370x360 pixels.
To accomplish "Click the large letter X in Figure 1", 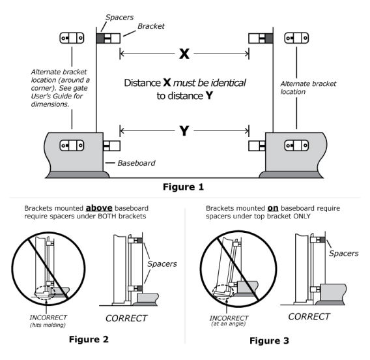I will pos(184,54).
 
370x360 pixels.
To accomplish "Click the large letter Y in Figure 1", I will pos(184,130).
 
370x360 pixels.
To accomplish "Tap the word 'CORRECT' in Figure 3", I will pos(308,314).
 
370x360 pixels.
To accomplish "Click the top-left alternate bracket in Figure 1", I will pos(72,37).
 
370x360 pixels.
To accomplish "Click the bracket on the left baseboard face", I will pos(72,145).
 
